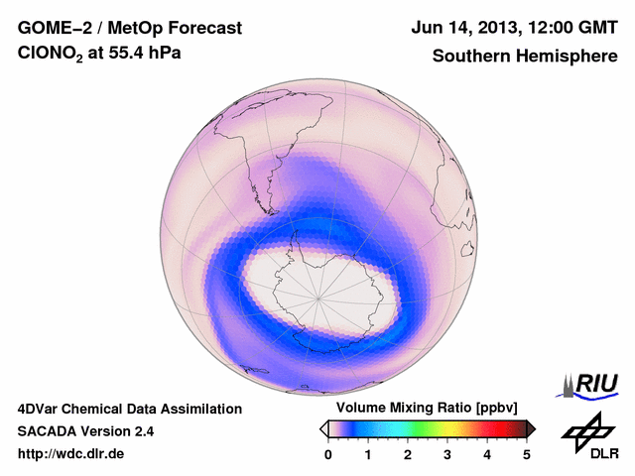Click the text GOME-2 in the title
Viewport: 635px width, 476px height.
click(x=51, y=28)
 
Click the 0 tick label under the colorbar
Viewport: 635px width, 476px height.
click(x=328, y=454)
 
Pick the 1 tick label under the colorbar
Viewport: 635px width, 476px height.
click(x=368, y=454)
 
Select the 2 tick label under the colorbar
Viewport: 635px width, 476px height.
click(x=408, y=454)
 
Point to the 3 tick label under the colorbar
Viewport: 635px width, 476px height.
click(x=447, y=454)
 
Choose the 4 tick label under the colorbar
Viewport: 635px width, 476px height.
click(x=487, y=454)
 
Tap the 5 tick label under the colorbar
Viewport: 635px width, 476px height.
click(x=527, y=454)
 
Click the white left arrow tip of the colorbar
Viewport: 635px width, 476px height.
click(x=323, y=428)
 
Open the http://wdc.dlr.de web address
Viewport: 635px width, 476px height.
click(x=71, y=454)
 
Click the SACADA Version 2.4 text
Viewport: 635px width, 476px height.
click(x=85, y=431)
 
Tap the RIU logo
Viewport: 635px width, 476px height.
click(x=589, y=384)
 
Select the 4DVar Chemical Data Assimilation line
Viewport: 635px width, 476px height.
click(x=129, y=409)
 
